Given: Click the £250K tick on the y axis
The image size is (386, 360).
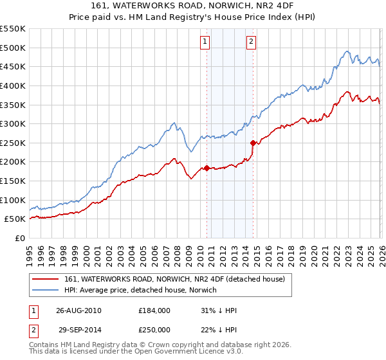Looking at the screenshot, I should pyautogui.click(x=13, y=143).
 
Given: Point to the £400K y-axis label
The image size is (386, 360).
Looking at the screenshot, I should pyautogui.click(x=13, y=85).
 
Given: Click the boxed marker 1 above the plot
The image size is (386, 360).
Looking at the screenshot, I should pyautogui.click(x=205, y=42).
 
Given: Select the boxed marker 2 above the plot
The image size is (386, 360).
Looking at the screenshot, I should pyautogui.click(x=251, y=42).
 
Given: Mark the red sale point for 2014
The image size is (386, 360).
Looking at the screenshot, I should pyautogui.click(x=253, y=143).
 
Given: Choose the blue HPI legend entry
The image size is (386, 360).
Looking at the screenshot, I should pyautogui.click(x=140, y=291).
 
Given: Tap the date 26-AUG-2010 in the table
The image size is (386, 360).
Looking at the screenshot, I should pyautogui.click(x=79, y=310).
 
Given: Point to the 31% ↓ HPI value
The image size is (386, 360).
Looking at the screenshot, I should pyautogui.click(x=219, y=310).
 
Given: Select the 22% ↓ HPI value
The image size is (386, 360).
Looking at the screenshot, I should pyautogui.click(x=219, y=329).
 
